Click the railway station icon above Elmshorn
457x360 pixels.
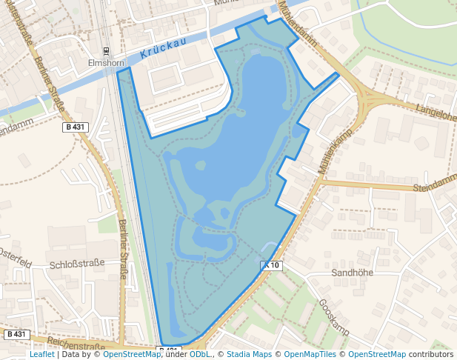(x=107, y=51)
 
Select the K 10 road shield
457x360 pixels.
(x=272, y=265)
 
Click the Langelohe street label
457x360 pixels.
(x=436, y=114)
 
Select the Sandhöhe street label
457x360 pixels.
(x=351, y=273)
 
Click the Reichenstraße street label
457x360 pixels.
(x=76, y=345)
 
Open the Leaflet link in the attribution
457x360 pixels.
(x=42, y=355)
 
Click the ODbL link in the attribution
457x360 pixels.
(x=199, y=355)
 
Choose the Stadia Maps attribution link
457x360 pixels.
(x=250, y=355)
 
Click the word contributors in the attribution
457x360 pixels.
(x=431, y=355)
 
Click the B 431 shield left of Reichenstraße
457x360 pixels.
(x=16, y=334)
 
